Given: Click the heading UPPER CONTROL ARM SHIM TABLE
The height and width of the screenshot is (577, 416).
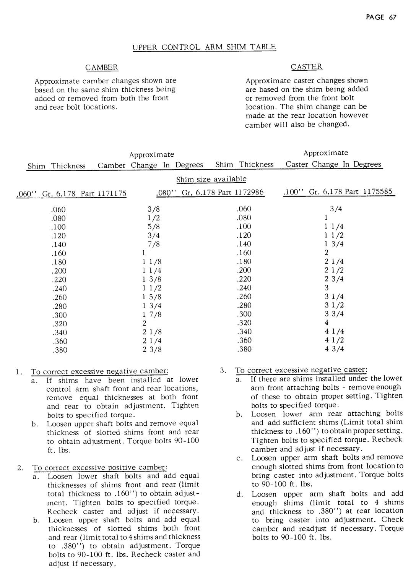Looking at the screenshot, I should pos(204,47).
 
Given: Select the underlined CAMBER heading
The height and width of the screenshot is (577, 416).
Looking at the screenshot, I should pos(102,68).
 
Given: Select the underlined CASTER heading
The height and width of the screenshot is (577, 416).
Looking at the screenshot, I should pos(307,67).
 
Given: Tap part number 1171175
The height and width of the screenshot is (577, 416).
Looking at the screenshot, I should pos(112,194).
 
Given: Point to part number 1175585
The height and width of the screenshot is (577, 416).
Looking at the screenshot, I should pos(378,191).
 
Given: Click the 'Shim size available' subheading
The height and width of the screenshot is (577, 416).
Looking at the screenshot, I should pos(211,179).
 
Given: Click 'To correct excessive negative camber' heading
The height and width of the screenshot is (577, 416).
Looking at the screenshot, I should pos(100,371).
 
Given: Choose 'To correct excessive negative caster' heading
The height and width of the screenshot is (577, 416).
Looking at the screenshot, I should pos(301,370).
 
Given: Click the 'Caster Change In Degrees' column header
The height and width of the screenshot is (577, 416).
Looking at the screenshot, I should pos(333,164).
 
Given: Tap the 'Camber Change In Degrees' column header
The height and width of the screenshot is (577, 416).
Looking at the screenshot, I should pos(150,165).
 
